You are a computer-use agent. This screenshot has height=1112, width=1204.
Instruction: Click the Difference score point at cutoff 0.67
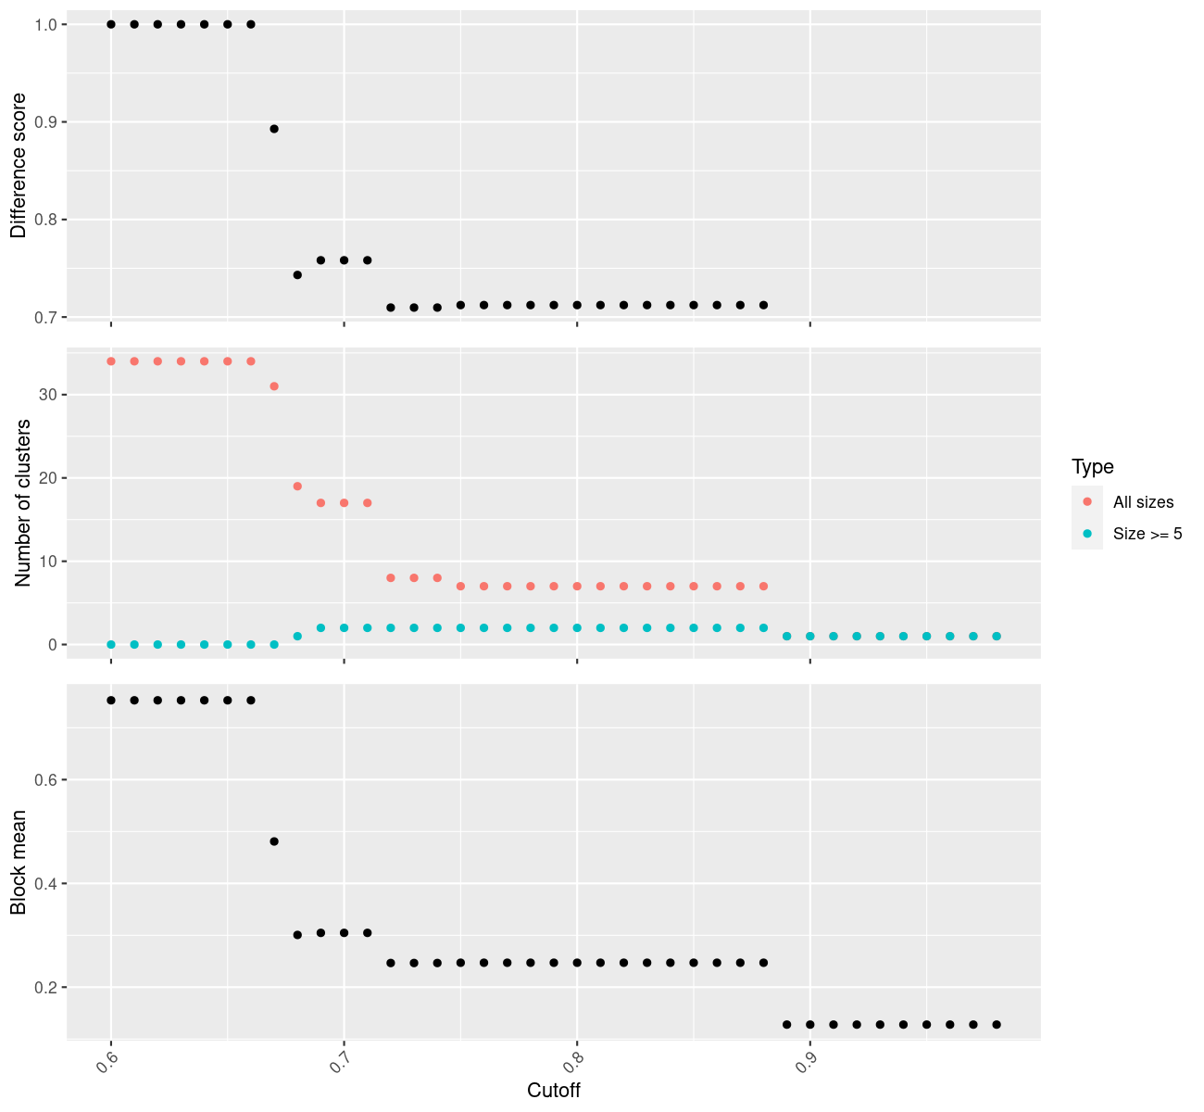coord(274,129)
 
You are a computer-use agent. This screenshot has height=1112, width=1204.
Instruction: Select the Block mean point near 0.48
coord(274,841)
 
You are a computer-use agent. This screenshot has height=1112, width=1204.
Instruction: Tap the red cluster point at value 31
coord(274,386)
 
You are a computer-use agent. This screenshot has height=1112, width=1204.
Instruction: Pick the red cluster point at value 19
coord(297,486)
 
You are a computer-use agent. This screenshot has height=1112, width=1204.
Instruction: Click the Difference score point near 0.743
coord(297,275)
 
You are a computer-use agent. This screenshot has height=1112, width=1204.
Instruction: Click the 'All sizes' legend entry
coord(1143,502)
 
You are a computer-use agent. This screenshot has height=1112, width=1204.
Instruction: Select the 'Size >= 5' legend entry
coord(1148,534)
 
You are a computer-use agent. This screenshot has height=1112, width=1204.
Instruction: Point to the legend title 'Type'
coord(1093,467)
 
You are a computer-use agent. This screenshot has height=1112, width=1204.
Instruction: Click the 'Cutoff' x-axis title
coord(554,1091)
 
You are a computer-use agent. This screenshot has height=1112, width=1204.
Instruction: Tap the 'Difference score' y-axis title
coord(19,166)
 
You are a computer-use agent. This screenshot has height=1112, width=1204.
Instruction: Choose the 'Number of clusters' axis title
coord(23,502)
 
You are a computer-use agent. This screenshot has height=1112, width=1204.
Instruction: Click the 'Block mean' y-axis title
coord(19,863)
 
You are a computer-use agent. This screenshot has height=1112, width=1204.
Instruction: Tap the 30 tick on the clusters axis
coord(48,395)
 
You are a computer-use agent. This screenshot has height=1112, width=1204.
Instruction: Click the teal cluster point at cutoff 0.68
coord(297,637)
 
